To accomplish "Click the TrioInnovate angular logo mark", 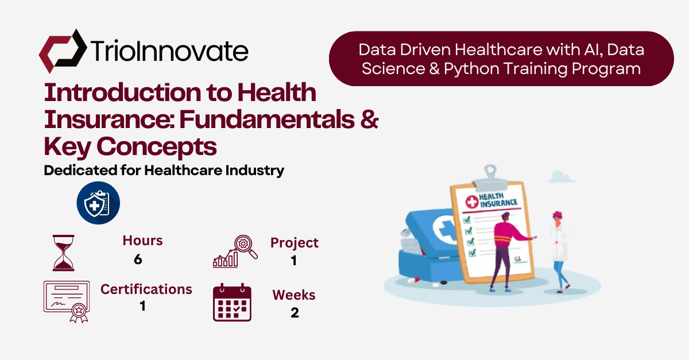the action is pos(63,51).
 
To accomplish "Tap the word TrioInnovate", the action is pos(169,51).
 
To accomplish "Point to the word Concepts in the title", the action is pos(157,147).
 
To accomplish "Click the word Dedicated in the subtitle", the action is pos(80,170).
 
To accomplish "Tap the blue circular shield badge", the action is pos(98,203).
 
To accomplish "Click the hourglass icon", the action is pos(63,253).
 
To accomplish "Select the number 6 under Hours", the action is pos(138,260).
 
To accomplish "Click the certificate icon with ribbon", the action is pos(67,301).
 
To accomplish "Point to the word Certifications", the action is pos(146,289).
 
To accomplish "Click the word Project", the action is pos(295,243).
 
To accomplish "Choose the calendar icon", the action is pos(232,303).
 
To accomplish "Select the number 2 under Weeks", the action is pos(295,313).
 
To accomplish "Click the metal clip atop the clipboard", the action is pos(490,179).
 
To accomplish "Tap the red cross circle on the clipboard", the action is pos(471,202).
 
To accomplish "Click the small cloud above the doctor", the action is pos(562,177).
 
